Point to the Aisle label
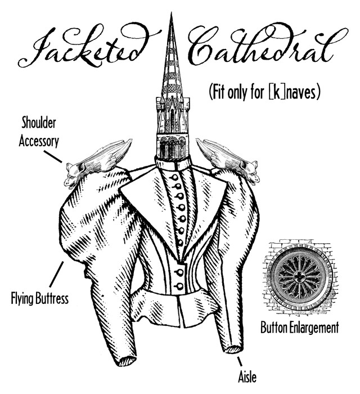(x=247, y=377)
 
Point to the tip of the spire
(x=171, y=14)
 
